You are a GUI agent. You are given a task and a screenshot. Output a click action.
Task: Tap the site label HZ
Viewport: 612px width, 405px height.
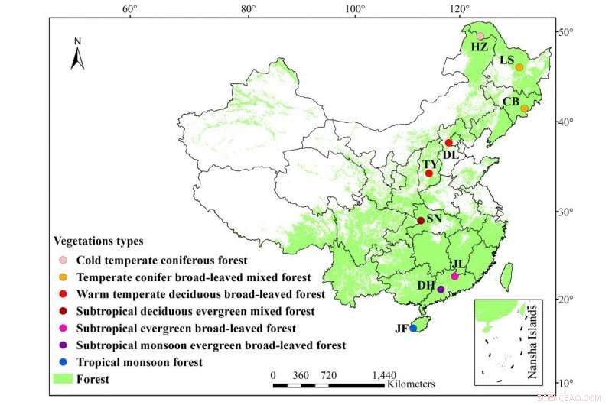(x=479, y=47)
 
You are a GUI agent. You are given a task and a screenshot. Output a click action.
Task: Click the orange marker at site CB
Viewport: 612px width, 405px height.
(x=524, y=109)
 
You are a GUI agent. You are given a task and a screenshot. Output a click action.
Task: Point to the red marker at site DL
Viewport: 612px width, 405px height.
(x=449, y=143)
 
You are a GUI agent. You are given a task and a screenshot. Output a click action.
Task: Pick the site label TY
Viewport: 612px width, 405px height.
(x=431, y=164)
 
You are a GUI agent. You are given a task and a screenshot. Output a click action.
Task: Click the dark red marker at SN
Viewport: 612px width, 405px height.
(x=420, y=221)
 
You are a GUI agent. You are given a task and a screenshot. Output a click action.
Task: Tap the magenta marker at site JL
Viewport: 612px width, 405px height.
(x=454, y=276)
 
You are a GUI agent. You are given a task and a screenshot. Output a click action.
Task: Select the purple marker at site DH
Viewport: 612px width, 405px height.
(x=441, y=290)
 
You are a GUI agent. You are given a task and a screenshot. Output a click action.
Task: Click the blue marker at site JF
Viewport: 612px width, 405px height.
(x=413, y=328)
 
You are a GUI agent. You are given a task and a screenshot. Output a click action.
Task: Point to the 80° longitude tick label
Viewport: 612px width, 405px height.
(x=248, y=9)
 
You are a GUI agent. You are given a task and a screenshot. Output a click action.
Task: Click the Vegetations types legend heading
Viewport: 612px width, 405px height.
(x=98, y=241)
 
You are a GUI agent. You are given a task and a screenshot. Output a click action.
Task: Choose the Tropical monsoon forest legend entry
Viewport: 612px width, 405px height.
(x=142, y=362)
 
